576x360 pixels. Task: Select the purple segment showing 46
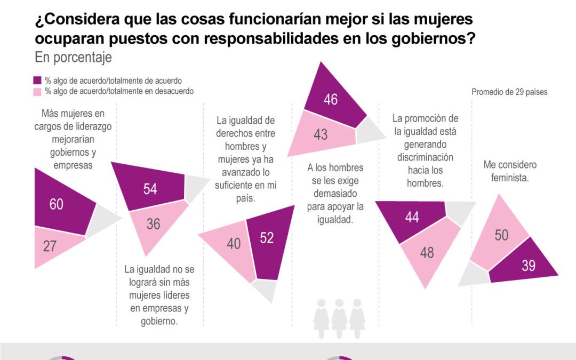[331, 99]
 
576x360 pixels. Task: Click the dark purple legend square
[38, 81]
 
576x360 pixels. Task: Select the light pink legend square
[38, 91]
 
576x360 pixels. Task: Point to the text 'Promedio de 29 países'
[509, 92]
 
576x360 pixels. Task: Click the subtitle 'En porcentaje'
[73, 58]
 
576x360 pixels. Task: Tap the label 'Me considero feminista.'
[510, 172]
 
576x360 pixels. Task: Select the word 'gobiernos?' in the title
[439, 39]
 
